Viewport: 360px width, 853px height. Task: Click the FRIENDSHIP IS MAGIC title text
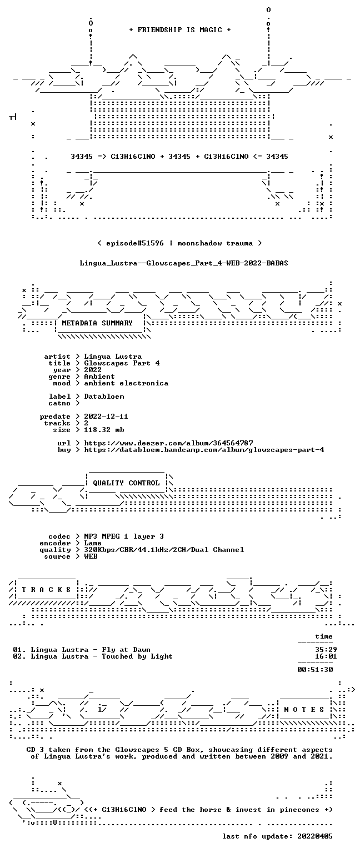click(180, 29)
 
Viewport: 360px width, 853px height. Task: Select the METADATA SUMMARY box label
click(97, 323)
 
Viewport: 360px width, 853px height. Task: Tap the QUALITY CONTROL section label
click(126, 483)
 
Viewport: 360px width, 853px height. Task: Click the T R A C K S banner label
click(47, 590)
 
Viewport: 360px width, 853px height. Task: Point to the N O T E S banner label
click(304, 710)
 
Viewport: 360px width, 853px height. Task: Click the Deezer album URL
click(168, 443)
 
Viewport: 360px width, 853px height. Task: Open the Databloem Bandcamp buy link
click(204, 450)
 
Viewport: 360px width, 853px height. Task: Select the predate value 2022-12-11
click(106, 416)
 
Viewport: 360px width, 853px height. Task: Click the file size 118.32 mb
click(104, 429)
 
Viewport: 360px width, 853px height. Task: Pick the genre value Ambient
click(99, 376)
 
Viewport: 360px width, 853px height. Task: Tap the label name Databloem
click(104, 397)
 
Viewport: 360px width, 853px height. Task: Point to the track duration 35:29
click(326, 650)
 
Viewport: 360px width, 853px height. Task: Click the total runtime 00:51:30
click(315, 669)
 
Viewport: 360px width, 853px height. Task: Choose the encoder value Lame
click(93, 543)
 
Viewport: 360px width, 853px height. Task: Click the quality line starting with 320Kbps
click(164, 549)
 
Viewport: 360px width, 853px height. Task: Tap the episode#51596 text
click(135, 243)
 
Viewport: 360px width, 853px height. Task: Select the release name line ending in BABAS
click(184, 263)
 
